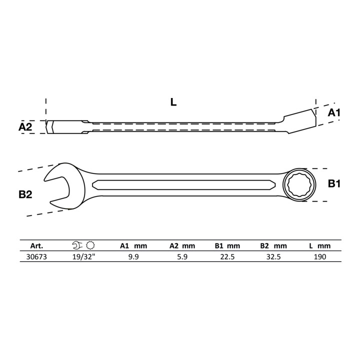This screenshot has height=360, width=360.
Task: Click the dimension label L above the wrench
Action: pyautogui.click(x=173, y=101)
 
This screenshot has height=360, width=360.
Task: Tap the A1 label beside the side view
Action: pyautogui.click(x=334, y=112)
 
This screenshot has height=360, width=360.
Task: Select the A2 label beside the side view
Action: pyautogui.click(x=25, y=126)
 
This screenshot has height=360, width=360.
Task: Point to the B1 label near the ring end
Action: pyautogui.click(x=334, y=183)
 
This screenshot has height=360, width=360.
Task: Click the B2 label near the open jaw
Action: pyautogui.click(x=25, y=194)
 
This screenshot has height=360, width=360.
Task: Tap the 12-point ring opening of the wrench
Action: pyautogui.click(x=299, y=185)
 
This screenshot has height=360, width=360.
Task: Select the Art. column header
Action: pyautogui.click(x=36, y=246)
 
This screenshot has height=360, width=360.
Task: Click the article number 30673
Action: pyautogui.click(x=36, y=256)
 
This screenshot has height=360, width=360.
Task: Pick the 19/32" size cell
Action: pyautogui.click(x=83, y=256)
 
